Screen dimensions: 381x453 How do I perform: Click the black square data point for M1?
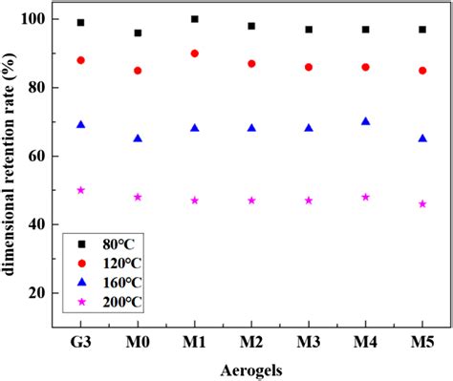tap(195, 19)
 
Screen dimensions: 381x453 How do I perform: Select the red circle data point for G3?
tap(81, 60)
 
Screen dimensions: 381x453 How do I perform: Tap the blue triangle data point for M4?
tap(366, 121)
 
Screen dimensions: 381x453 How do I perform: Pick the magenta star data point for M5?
tap(422, 203)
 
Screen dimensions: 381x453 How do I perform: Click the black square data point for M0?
tap(138, 32)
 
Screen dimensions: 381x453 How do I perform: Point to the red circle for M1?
tap(195, 53)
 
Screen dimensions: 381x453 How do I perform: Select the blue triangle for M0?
tap(138, 138)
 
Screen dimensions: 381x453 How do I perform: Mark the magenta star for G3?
tap(81, 190)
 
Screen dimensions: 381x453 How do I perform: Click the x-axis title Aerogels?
tap(251, 368)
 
